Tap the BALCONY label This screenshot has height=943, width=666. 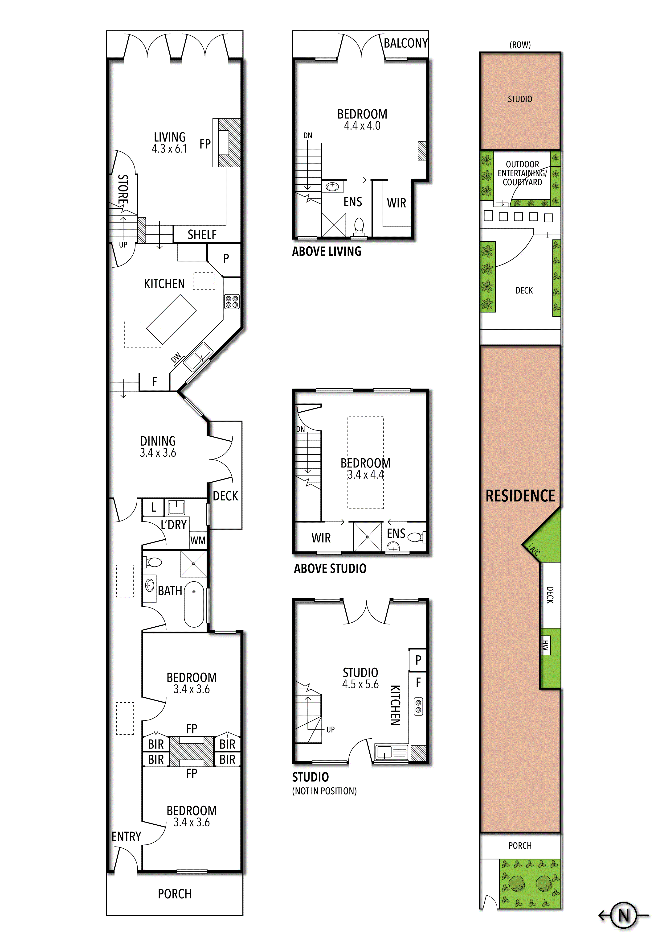click(x=405, y=43)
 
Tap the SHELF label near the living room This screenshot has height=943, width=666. click(x=202, y=235)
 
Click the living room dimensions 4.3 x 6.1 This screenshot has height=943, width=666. click(x=169, y=149)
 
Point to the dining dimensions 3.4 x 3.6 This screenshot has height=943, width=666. click(x=158, y=453)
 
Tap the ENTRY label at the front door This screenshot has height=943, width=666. click(x=126, y=837)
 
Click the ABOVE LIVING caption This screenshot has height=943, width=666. click(x=327, y=251)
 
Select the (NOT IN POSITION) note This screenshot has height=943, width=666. click(x=324, y=791)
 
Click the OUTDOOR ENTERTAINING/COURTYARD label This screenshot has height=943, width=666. click(x=522, y=173)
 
